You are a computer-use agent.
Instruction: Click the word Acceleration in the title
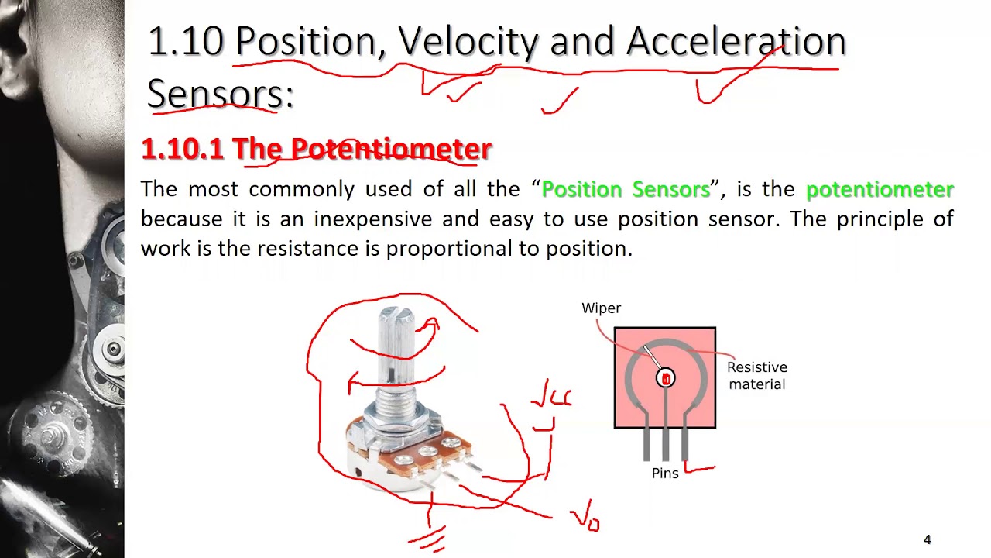tap(736, 42)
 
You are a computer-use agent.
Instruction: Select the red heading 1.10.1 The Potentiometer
tap(316, 149)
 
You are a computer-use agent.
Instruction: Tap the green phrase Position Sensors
tap(626, 190)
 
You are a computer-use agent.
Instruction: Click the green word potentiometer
tap(880, 190)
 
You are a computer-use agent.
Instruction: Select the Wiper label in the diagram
tap(601, 308)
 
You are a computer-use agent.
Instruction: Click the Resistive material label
tap(756, 376)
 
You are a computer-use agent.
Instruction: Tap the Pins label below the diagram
tap(664, 474)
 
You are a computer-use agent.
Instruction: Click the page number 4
tap(927, 540)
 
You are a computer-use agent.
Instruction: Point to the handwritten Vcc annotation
tap(550, 399)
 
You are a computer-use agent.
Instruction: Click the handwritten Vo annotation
tap(585, 518)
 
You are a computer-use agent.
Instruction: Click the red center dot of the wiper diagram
tap(665, 378)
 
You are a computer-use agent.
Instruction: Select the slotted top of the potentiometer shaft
tap(394, 315)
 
